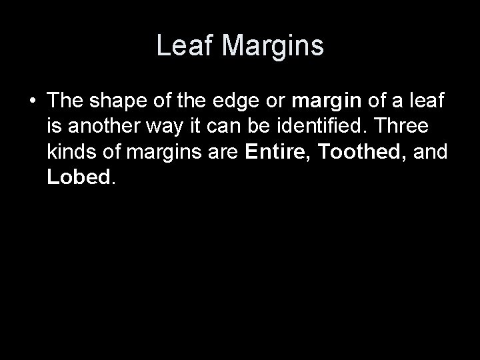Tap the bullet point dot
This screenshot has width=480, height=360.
[x=31, y=101]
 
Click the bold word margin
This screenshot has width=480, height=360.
[x=326, y=101]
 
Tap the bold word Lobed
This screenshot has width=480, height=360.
[x=77, y=177]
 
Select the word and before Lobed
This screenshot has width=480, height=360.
[x=431, y=151]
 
